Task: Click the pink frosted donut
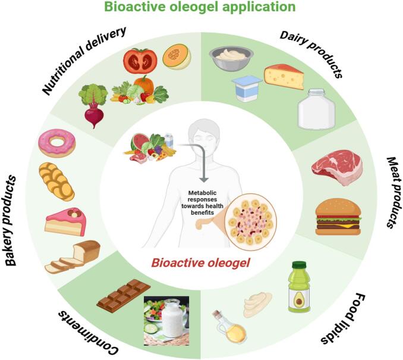click(56, 143)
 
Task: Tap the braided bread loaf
click(56, 181)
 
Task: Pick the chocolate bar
click(123, 296)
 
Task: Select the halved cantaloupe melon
click(177, 57)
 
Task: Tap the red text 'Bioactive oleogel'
click(199, 262)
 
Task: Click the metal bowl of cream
click(231, 58)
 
